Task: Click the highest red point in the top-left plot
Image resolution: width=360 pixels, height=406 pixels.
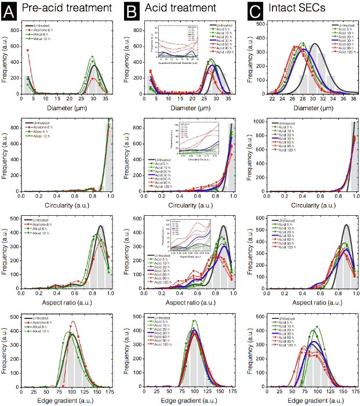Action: (x=27, y=50)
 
